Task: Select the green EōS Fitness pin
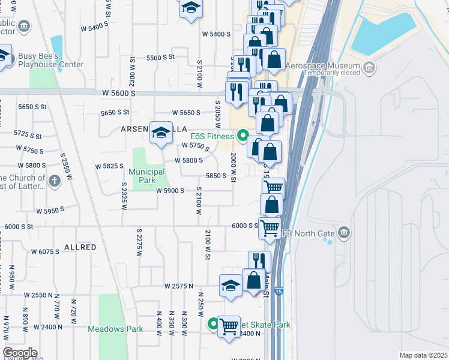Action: click(x=243, y=136)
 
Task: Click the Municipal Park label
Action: click(x=146, y=176)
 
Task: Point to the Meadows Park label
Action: click(x=115, y=329)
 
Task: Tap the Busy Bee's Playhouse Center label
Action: click(x=50, y=60)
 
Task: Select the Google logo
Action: click(x=20, y=353)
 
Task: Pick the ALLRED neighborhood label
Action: click(x=80, y=247)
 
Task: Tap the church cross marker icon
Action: click(x=54, y=180)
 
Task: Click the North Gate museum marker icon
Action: click(x=344, y=232)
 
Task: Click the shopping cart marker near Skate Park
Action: click(x=228, y=327)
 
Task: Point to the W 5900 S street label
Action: click(x=170, y=191)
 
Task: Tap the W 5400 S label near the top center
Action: click(x=216, y=34)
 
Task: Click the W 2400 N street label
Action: click(x=49, y=327)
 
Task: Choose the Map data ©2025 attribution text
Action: click(x=423, y=355)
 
